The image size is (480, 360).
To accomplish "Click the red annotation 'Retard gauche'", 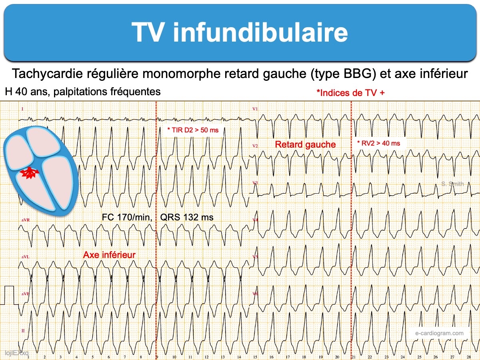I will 305,144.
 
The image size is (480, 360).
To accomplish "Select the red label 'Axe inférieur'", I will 109,255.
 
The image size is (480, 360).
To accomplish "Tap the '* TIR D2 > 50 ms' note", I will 193,130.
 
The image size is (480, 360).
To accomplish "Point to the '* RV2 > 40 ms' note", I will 378,143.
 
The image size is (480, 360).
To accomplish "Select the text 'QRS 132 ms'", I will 187,218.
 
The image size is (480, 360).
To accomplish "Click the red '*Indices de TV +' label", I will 350,93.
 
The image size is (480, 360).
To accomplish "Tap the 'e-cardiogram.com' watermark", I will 440,333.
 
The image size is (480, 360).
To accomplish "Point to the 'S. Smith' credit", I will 452,184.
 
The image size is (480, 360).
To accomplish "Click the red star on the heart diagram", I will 29,173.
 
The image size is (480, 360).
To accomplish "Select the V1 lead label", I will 255,109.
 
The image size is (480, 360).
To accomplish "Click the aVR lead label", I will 25,220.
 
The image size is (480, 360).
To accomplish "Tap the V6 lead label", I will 255,294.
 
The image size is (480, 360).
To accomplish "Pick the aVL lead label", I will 25,257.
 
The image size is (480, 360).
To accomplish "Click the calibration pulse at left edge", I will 8,295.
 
